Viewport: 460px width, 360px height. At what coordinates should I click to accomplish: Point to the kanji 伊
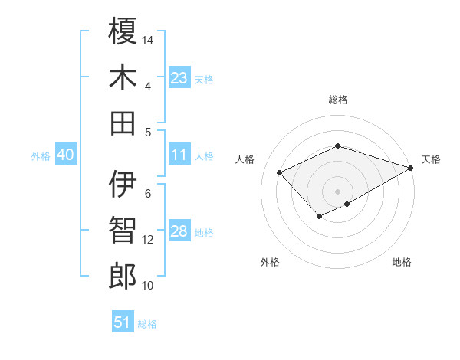coord(123,184)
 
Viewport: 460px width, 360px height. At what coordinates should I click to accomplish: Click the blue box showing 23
coord(179,78)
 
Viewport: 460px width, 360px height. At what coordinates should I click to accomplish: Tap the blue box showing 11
coord(179,155)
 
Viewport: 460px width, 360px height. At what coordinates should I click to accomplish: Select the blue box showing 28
coord(179,232)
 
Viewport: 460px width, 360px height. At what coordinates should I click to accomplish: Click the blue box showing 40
coord(65,155)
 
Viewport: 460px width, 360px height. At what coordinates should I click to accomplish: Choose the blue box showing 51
coord(123,322)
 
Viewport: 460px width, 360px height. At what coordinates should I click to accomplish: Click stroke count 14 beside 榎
coord(149,39)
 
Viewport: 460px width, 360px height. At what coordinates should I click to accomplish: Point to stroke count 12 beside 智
coord(149,240)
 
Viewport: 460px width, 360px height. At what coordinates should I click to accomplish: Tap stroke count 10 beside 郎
coord(149,286)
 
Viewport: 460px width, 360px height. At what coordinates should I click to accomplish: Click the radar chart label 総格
coord(337,100)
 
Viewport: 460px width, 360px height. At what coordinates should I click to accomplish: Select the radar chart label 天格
coord(431,159)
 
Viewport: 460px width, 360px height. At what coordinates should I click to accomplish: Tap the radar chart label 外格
coord(270,262)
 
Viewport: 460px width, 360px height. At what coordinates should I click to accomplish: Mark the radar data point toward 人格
coord(280,172)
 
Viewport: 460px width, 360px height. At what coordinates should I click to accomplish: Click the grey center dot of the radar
coord(337,191)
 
